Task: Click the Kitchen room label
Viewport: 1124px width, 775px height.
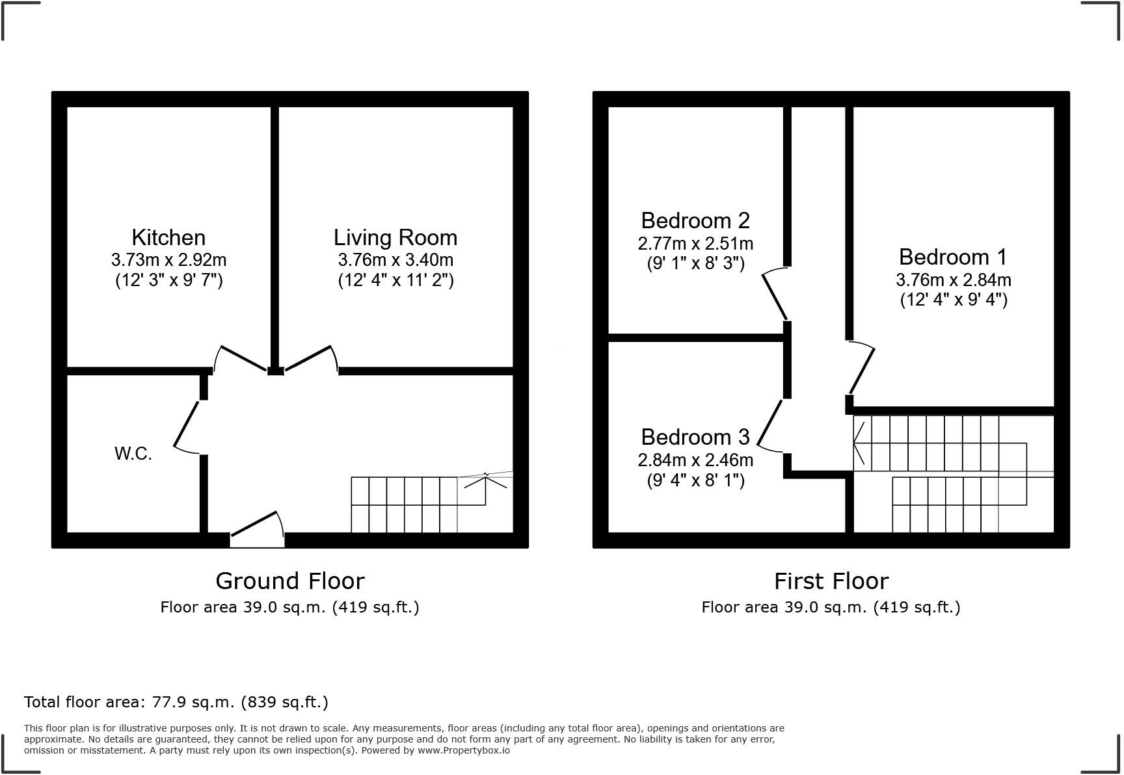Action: [168, 237]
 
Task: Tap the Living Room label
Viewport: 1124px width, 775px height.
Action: [395, 237]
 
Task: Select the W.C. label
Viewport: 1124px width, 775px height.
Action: [133, 454]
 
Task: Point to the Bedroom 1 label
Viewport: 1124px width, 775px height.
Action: [953, 257]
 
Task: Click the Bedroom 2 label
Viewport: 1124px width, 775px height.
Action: [695, 220]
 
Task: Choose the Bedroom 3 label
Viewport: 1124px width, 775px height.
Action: [695, 437]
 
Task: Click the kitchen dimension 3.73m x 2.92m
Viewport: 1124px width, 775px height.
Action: [168, 260]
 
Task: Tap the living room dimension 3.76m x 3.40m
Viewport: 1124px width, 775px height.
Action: [395, 260]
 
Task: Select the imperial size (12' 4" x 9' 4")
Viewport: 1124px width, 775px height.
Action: [954, 300]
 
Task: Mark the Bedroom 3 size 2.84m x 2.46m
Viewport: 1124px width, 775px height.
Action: [695, 460]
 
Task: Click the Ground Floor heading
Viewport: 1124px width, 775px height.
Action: [290, 581]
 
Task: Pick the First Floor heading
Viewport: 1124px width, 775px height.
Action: [831, 581]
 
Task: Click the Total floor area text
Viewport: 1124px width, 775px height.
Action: [176, 702]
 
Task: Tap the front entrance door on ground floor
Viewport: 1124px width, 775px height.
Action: [257, 527]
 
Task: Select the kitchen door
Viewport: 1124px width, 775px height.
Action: [241, 358]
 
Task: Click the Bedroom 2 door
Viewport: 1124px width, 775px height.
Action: [775, 296]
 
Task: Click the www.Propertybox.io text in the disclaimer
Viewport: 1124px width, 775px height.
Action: [464, 750]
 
